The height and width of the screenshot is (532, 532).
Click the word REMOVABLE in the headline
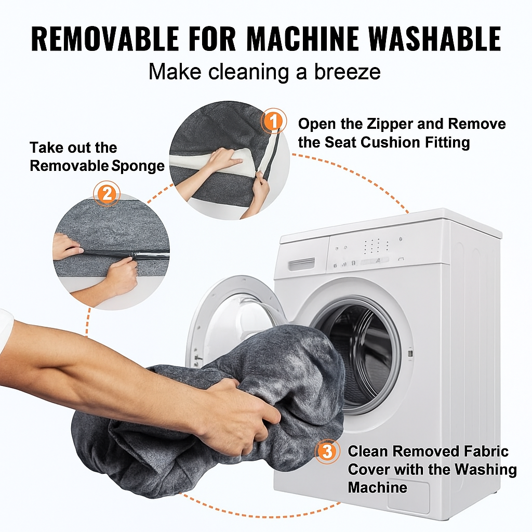pos(105,38)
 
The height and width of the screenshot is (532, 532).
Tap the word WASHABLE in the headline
pos(434,38)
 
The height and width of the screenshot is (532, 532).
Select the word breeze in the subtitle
pos(347,72)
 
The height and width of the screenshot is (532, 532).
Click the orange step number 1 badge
pos(273,121)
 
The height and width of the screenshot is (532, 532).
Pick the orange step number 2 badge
pos(107,194)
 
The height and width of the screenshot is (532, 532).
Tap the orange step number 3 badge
pos(327,451)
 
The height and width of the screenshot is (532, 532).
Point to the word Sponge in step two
pos(138,166)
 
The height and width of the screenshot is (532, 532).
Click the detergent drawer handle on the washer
pos(302,264)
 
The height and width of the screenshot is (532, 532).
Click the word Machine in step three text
pos(378,487)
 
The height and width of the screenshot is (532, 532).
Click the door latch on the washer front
pos(410,353)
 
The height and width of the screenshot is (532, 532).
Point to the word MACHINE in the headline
pos(302,38)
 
